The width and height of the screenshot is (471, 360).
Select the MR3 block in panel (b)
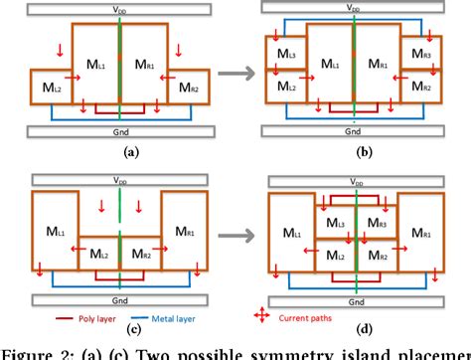point(420,52)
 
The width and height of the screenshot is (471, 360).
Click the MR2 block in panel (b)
point(420,88)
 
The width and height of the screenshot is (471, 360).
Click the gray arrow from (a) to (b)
point(235,72)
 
